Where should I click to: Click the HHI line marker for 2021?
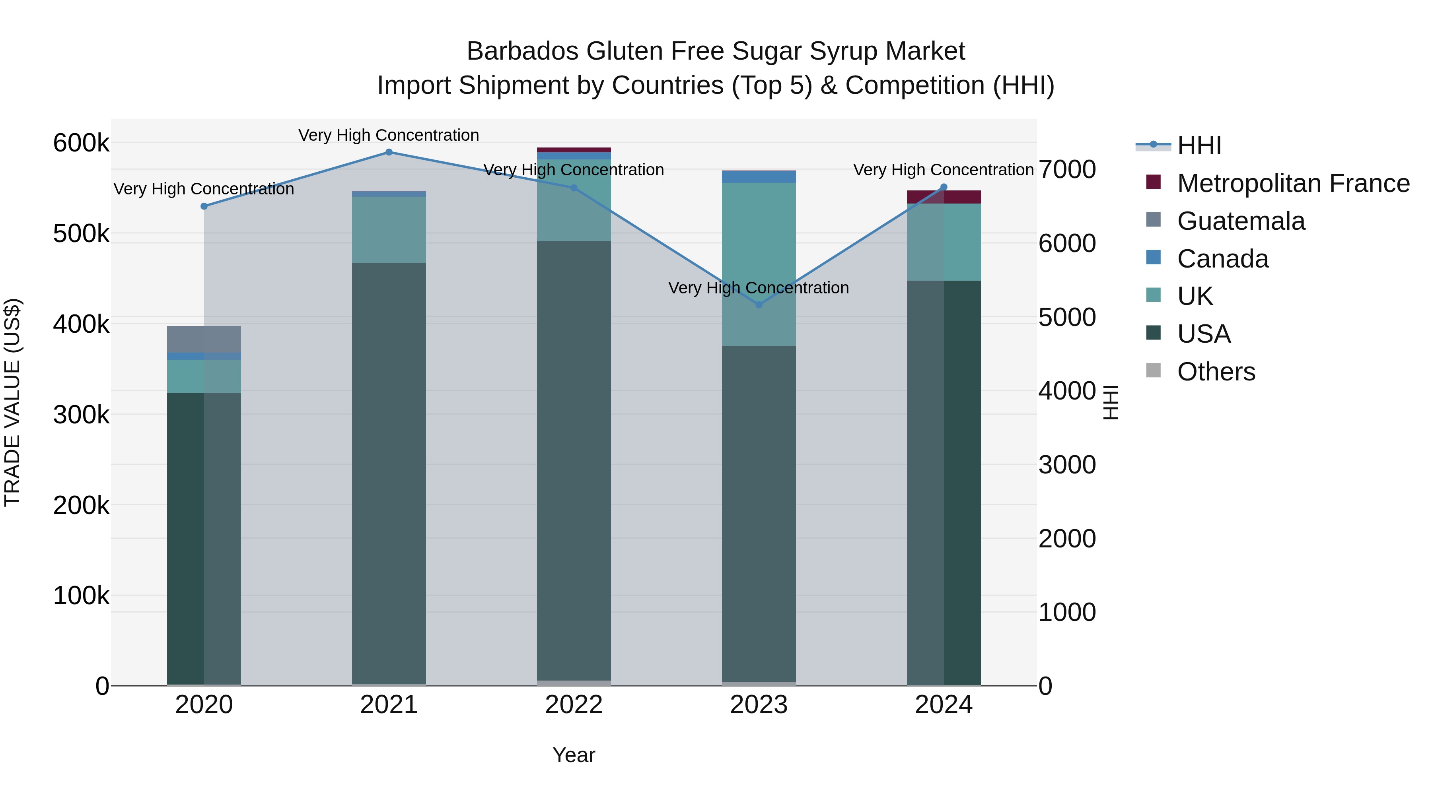[x=389, y=152]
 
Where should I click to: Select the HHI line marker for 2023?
[x=759, y=305]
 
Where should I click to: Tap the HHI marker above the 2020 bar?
[x=204, y=206]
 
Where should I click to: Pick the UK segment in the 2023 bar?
[x=759, y=264]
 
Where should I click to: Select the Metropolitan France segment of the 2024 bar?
[x=944, y=197]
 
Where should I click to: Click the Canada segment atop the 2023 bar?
[x=759, y=177]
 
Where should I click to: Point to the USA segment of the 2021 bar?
[x=389, y=472]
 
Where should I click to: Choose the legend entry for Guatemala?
[x=1240, y=221]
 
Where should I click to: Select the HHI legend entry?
[x=1199, y=145]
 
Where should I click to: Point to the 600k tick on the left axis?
[x=81, y=143]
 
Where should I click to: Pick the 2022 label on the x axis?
[x=574, y=705]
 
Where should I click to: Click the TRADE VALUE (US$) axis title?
[x=12, y=402]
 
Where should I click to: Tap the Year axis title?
[x=574, y=755]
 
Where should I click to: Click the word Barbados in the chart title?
[x=523, y=51]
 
